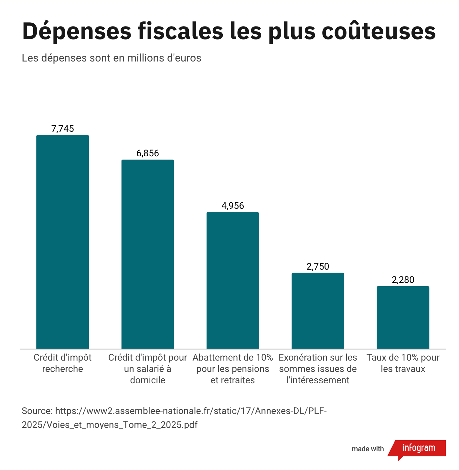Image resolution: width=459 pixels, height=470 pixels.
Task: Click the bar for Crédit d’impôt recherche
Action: tap(62, 242)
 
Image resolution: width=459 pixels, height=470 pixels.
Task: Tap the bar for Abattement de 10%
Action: tap(233, 280)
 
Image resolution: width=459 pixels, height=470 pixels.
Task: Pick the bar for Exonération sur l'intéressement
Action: tap(318, 311)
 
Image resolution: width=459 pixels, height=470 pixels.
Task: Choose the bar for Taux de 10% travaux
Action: tap(403, 317)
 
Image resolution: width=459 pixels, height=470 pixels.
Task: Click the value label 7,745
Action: tap(63, 129)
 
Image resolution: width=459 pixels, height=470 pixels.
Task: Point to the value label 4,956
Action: tap(233, 206)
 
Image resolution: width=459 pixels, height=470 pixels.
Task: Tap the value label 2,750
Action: tap(318, 266)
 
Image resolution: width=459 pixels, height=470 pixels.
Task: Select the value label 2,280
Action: tap(403, 280)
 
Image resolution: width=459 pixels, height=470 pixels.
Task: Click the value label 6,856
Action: tap(148, 153)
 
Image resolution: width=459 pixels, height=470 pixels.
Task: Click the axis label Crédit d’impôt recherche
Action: tap(63, 363)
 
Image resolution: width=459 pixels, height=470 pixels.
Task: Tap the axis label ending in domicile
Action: tap(148, 369)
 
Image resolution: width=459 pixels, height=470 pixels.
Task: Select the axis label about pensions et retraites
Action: tap(233, 369)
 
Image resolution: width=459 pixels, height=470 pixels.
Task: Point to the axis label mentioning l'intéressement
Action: tap(318, 369)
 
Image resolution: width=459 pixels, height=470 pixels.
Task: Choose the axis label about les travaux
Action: tap(403, 363)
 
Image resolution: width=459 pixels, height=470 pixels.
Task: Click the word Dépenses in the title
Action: tap(77, 31)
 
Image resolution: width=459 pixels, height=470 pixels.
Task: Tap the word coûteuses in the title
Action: tap(379, 31)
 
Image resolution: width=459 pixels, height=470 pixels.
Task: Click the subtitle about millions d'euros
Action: tap(112, 58)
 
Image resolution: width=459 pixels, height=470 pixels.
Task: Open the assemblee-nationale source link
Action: tap(175, 418)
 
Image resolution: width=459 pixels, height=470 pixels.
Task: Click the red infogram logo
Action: tap(419, 448)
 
